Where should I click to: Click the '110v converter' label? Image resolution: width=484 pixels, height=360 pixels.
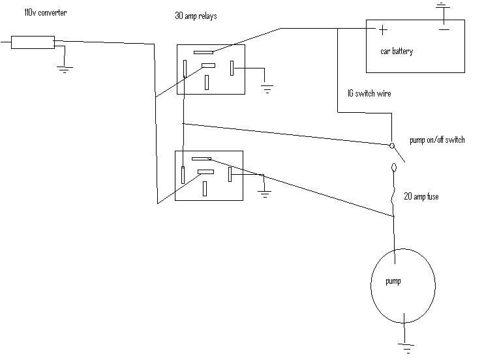[x=45, y=13]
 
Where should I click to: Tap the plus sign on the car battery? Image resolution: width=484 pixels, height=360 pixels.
[x=382, y=29]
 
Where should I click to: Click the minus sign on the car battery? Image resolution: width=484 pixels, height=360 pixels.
[x=444, y=29]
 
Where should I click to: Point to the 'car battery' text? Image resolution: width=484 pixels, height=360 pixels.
[x=397, y=51]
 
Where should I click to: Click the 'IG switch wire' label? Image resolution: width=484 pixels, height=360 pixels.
[x=369, y=95]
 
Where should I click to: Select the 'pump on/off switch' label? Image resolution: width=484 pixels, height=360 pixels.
[x=437, y=140]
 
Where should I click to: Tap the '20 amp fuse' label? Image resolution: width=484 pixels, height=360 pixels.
[x=421, y=196]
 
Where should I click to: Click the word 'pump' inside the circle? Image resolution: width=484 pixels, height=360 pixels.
[x=393, y=282]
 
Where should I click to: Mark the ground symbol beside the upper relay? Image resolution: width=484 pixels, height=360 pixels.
[x=266, y=88]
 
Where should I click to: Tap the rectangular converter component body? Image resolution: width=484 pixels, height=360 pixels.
[x=33, y=43]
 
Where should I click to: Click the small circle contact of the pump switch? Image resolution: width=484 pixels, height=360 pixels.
[x=392, y=145]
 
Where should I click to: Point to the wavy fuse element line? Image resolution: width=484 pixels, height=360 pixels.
[x=393, y=193]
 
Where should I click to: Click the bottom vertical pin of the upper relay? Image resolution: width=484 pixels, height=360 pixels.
[x=207, y=82]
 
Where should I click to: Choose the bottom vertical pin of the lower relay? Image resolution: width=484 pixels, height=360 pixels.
[x=205, y=188]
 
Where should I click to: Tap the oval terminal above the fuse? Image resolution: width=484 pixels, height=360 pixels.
[x=393, y=169]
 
